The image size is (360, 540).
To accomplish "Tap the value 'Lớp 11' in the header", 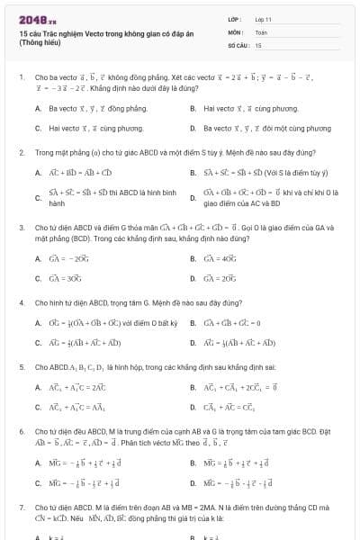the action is pos(264,19).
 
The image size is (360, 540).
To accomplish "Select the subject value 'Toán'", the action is pos(261,31).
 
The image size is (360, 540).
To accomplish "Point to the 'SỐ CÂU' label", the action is pos(238,44).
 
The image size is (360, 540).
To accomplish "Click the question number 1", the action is pos(21,78).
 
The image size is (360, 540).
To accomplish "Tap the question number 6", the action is pos(21,432).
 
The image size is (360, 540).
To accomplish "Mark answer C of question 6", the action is pos(76,483).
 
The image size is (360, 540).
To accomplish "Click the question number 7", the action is pos(21,508).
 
